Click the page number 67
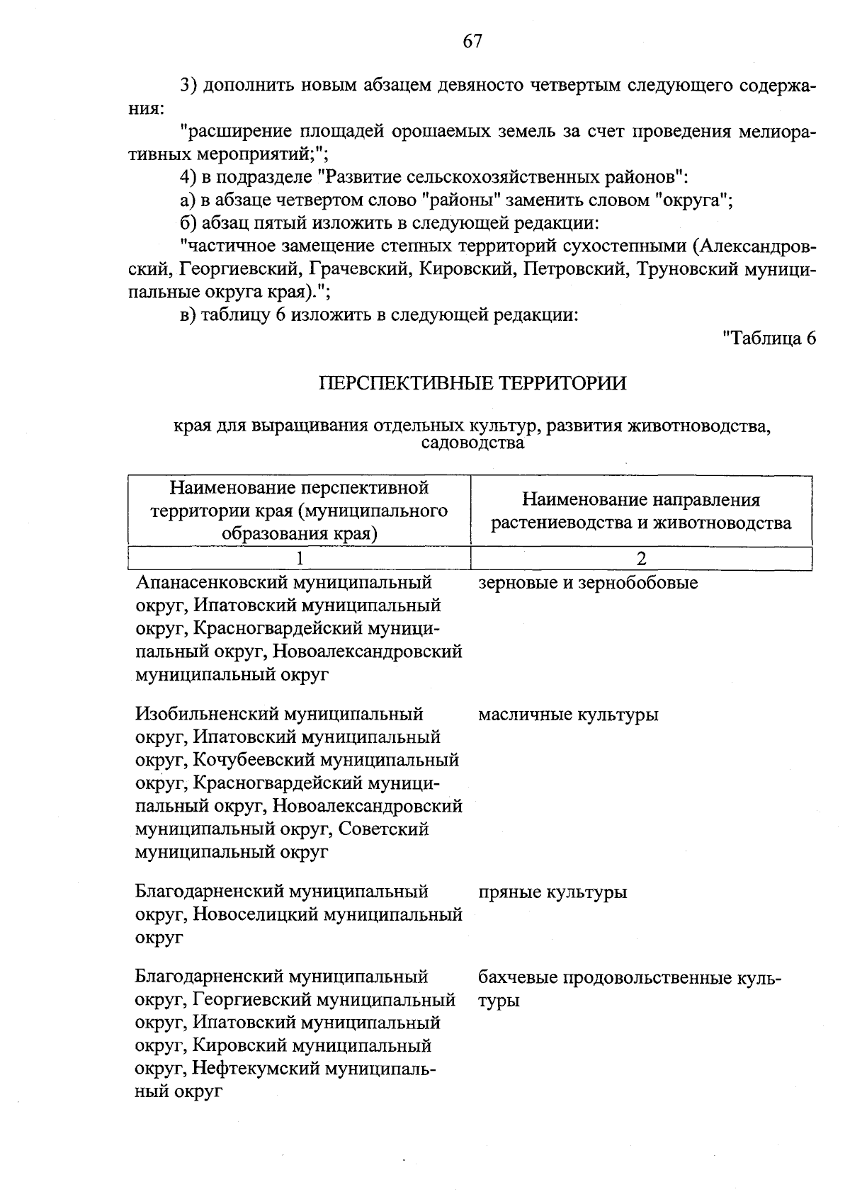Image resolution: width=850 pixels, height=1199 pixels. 472,42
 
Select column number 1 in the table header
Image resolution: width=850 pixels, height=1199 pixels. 300,558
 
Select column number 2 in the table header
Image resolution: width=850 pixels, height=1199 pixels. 641,558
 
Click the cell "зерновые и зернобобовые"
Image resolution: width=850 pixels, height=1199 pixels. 588,584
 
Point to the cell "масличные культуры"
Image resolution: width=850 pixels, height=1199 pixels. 568,715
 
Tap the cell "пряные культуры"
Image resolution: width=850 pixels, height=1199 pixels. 552,892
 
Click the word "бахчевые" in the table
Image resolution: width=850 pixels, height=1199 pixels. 517,978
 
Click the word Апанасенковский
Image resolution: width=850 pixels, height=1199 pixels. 210,584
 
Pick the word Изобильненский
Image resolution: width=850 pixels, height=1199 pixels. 206,715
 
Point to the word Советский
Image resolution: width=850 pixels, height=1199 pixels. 383,829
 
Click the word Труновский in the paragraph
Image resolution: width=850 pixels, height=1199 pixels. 684,270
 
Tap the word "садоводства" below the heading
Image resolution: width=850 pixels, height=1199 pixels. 472,443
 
